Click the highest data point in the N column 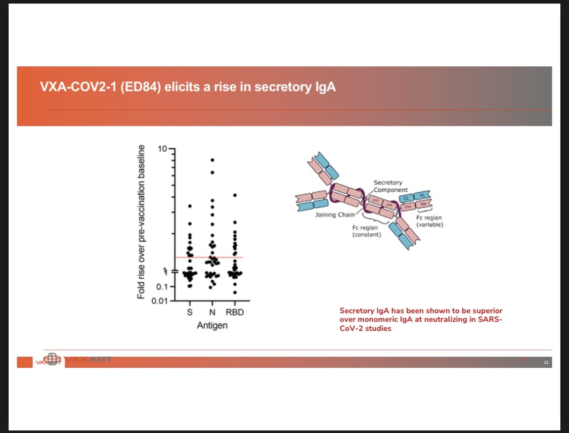(x=212, y=160)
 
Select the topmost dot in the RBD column (x=235, y=195)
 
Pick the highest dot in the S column (x=190, y=206)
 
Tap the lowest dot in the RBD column (x=235, y=292)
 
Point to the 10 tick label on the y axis (x=162, y=149)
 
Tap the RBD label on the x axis (x=235, y=313)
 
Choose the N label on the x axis (x=212, y=313)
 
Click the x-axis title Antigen (x=212, y=325)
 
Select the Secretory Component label (x=388, y=186)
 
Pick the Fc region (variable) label (x=430, y=221)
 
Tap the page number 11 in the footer (x=546, y=363)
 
